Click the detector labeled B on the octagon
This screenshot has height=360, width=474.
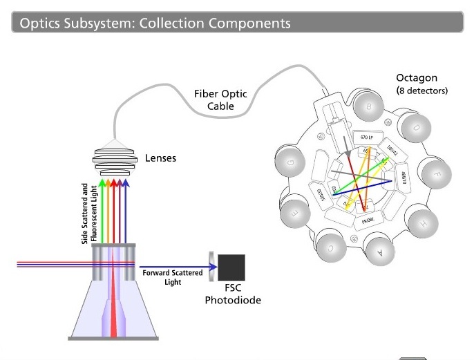[x=369, y=106]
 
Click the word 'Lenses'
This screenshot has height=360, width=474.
[x=160, y=158]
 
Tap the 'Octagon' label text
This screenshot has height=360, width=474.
[x=417, y=77]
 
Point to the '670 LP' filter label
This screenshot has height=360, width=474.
[x=368, y=139]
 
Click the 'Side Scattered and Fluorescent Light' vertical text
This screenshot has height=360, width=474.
[x=89, y=213]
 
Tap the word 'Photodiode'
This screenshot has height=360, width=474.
[x=232, y=301]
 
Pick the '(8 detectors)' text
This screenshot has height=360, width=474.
[x=422, y=91]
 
